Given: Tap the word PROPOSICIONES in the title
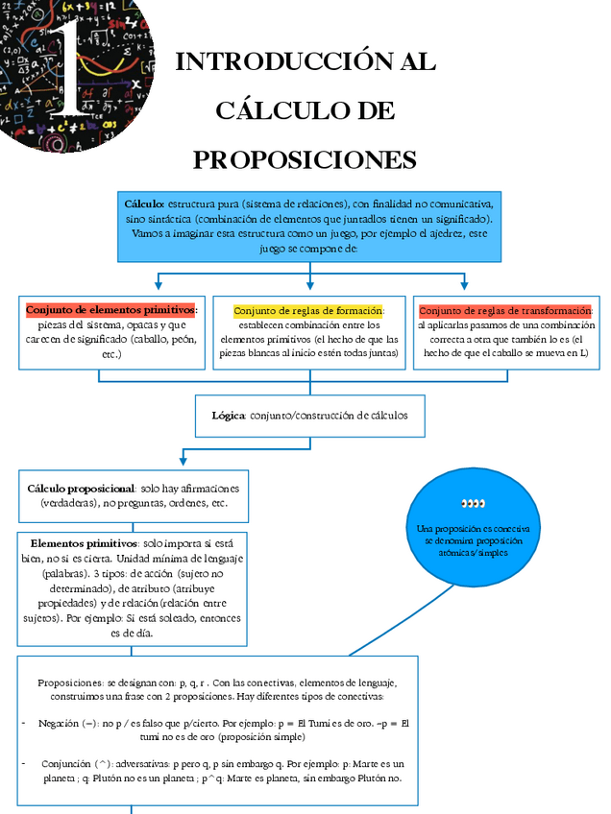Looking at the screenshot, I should coord(305,159).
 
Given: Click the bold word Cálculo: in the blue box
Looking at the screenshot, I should coord(145,204).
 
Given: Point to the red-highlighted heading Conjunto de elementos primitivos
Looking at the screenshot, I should coord(111,310).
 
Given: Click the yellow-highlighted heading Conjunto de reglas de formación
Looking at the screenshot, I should coord(308,311).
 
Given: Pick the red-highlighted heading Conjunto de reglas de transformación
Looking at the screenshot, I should coord(505,311).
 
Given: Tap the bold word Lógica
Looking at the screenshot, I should coord(229,416).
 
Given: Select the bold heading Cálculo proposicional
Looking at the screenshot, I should coord(82,489).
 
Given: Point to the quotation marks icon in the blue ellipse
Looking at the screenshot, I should coord(473,503).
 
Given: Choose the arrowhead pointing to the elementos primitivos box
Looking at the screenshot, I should coord(158,284).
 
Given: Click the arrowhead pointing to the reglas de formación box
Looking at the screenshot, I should coord(309,284).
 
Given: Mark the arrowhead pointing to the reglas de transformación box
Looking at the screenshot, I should coord(464,284).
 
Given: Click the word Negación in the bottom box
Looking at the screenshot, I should coord(60,723).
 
